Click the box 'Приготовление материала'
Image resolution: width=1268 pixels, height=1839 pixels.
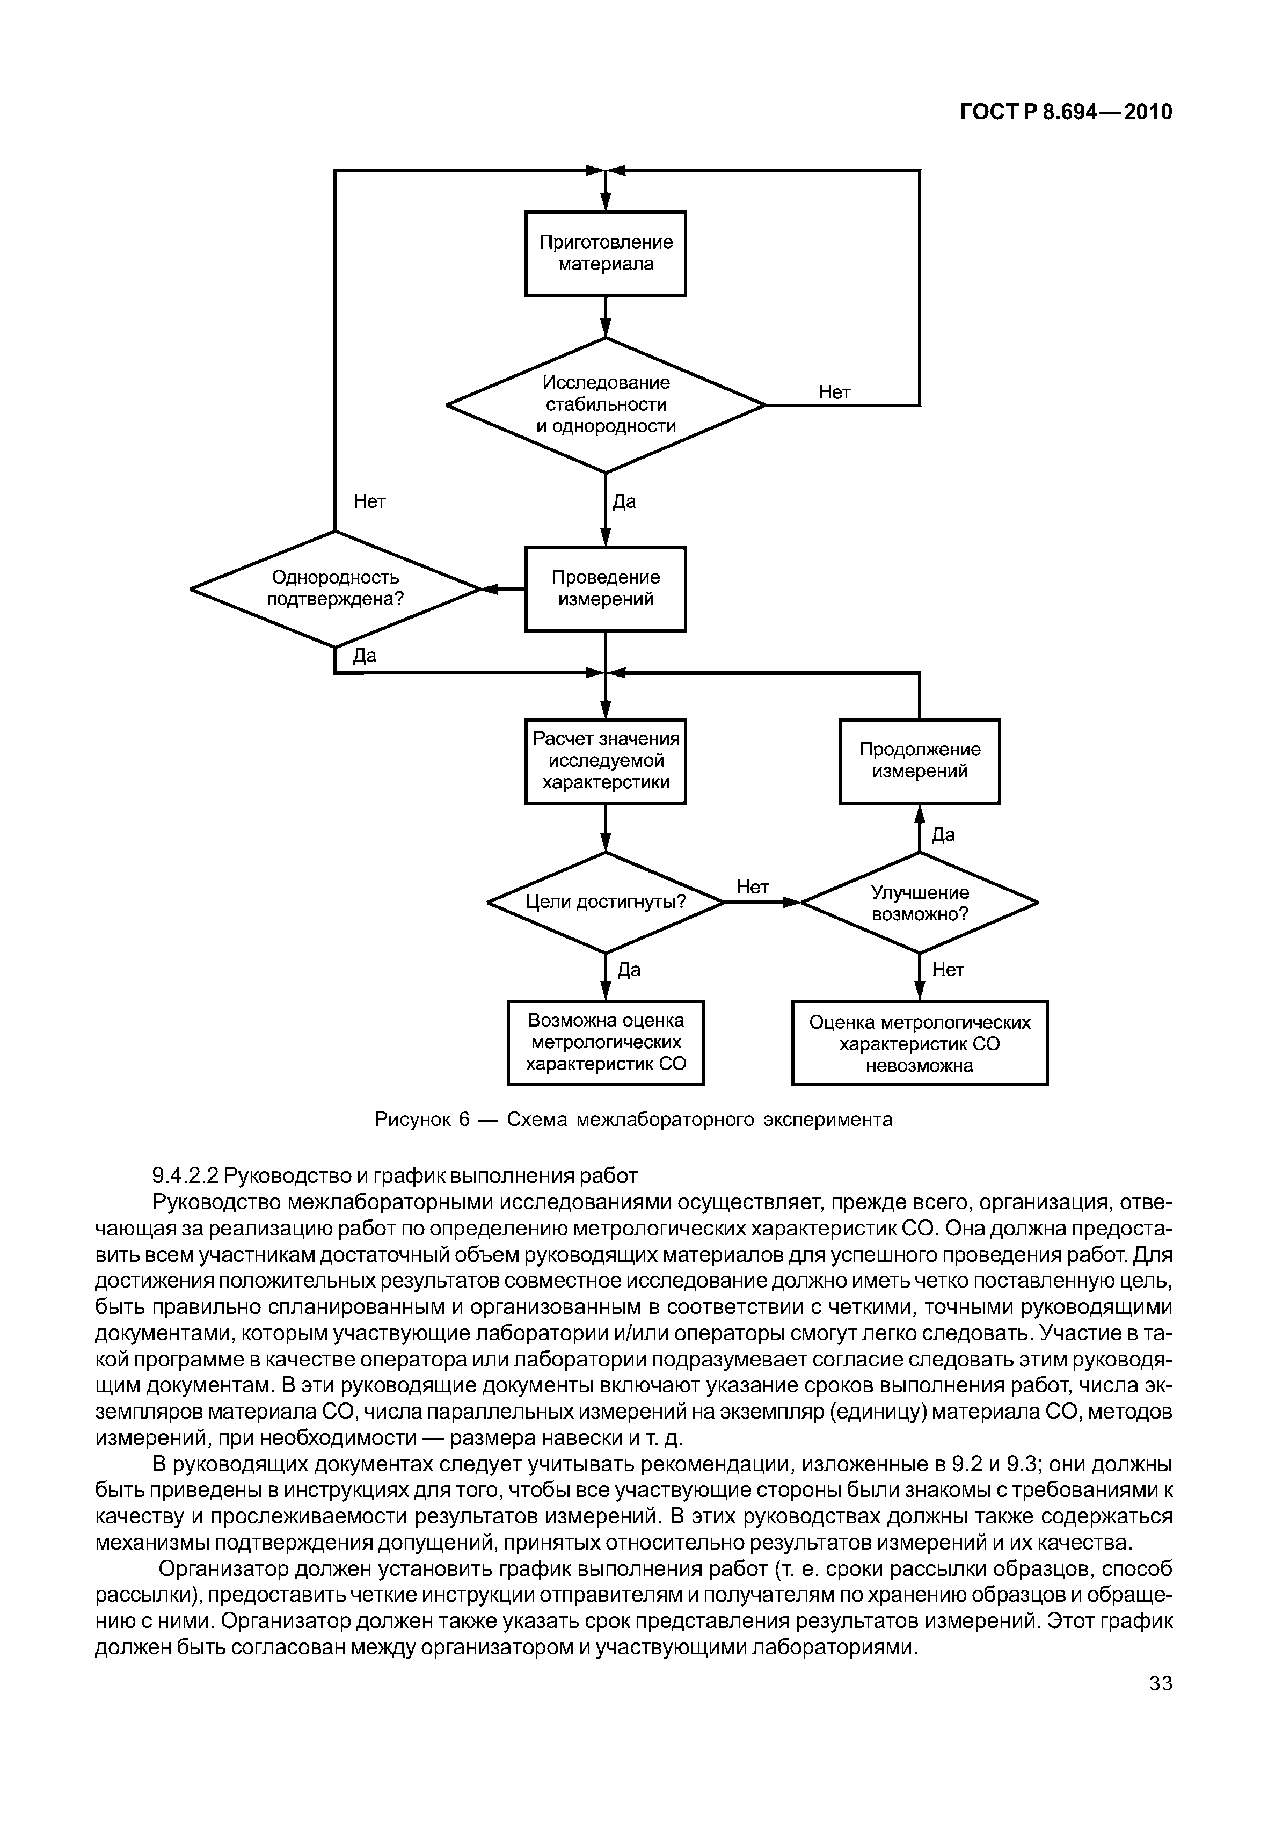(x=606, y=253)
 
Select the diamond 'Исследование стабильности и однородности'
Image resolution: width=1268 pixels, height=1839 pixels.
(x=606, y=404)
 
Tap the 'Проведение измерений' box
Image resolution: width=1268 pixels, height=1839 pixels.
(x=606, y=589)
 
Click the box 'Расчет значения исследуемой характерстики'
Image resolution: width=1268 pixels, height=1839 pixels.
(x=606, y=760)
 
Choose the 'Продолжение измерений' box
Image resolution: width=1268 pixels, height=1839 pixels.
(x=919, y=760)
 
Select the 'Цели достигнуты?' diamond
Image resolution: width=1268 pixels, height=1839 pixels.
(x=606, y=902)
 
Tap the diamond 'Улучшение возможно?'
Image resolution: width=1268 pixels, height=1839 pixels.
(x=919, y=902)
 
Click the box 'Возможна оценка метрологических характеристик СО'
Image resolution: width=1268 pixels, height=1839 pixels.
(x=606, y=1042)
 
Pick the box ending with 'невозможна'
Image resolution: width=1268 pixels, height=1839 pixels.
(x=919, y=1042)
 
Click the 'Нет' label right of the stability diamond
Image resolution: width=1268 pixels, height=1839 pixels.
(x=834, y=392)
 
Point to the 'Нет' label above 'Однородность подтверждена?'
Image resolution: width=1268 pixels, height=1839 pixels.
(x=369, y=501)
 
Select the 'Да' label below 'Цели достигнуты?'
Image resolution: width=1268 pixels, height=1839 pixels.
(x=629, y=970)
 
